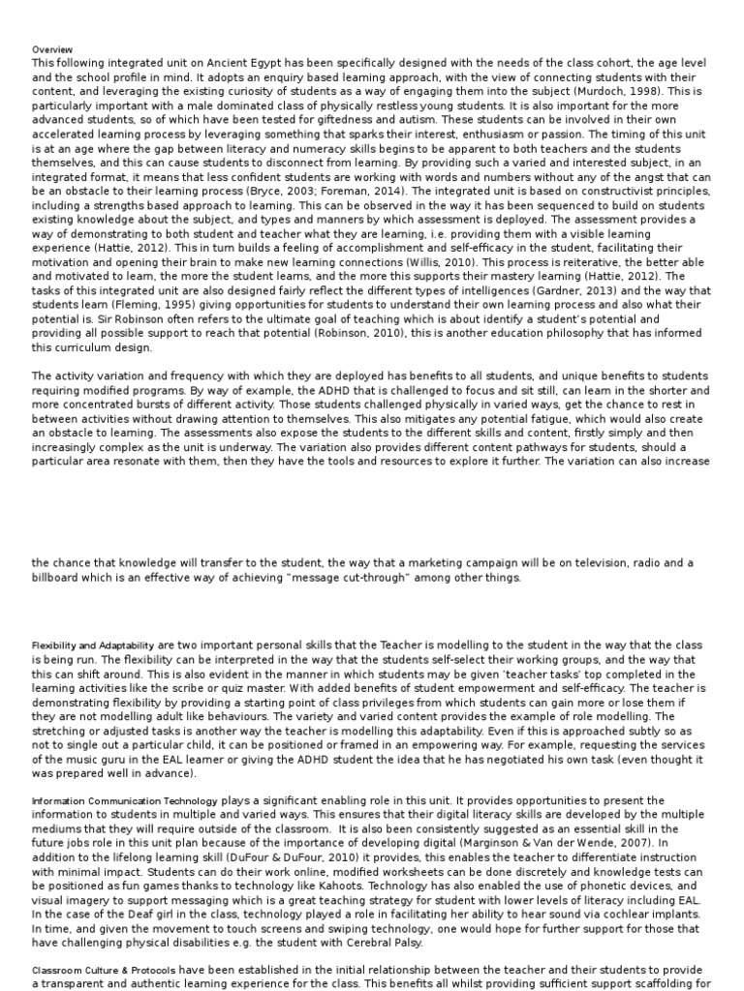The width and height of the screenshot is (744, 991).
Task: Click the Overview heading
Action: (x=51, y=49)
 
